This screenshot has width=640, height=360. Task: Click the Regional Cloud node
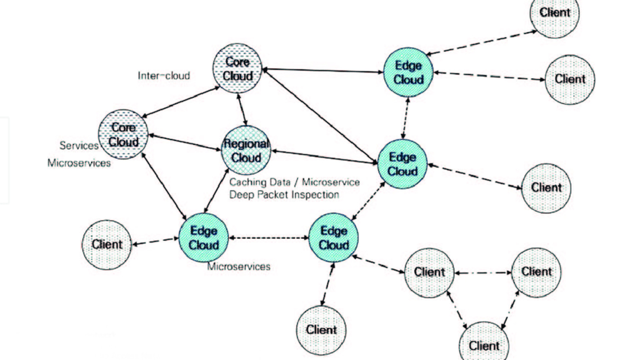click(246, 151)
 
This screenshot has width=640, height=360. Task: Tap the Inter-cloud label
click(164, 76)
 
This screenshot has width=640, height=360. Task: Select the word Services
click(79, 146)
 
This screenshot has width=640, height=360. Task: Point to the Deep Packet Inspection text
click(284, 195)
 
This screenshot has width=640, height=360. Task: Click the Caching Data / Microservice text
click(295, 182)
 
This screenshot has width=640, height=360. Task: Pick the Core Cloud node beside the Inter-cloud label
click(237, 69)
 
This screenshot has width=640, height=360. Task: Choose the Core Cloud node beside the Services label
click(123, 135)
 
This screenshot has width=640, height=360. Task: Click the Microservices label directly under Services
click(79, 163)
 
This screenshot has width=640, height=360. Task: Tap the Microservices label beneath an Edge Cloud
click(239, 266)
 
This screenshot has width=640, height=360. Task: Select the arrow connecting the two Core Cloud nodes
click(181, 102)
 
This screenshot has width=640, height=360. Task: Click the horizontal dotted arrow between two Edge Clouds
click(269, 238)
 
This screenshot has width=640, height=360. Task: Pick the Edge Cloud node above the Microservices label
click(204, 238)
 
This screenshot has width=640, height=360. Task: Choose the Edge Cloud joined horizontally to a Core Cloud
click(408, 72)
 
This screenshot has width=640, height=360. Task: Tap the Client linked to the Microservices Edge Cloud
click(107, 244)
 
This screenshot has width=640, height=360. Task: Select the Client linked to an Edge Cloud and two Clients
click(429, 272)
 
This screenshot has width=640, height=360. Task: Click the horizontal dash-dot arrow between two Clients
click(483, 273)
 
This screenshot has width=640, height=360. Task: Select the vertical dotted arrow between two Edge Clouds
click(405, 118)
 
